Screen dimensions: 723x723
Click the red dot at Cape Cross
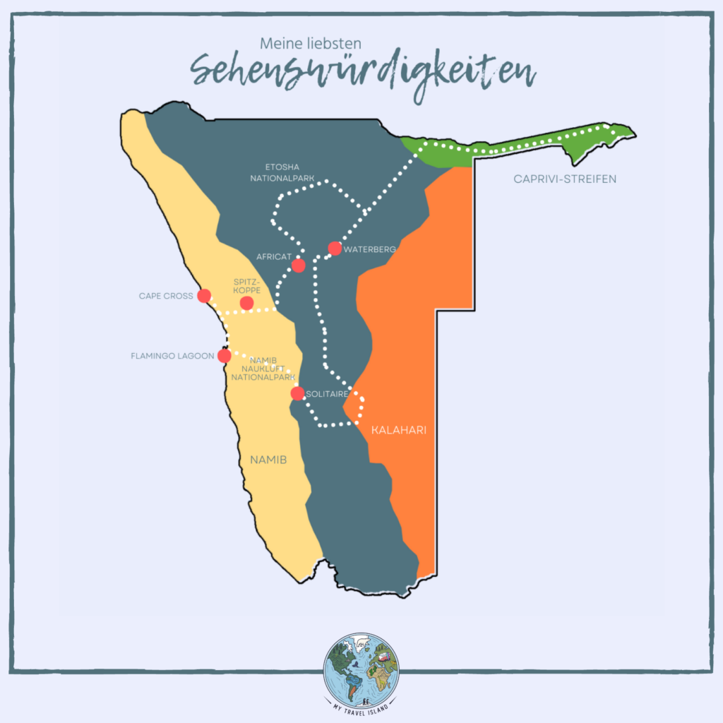204,295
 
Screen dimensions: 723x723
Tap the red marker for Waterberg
335,249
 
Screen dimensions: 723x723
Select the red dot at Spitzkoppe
246,303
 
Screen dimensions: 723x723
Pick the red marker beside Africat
298,265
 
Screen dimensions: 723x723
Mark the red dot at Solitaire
297,393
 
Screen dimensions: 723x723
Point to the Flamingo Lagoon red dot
225,355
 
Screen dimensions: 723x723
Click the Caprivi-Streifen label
565,179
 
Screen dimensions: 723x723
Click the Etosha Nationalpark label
282,173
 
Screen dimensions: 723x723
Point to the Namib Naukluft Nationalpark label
265,368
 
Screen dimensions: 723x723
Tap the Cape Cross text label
166,296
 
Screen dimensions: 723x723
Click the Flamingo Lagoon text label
172,356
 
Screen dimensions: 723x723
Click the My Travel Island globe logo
361,671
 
